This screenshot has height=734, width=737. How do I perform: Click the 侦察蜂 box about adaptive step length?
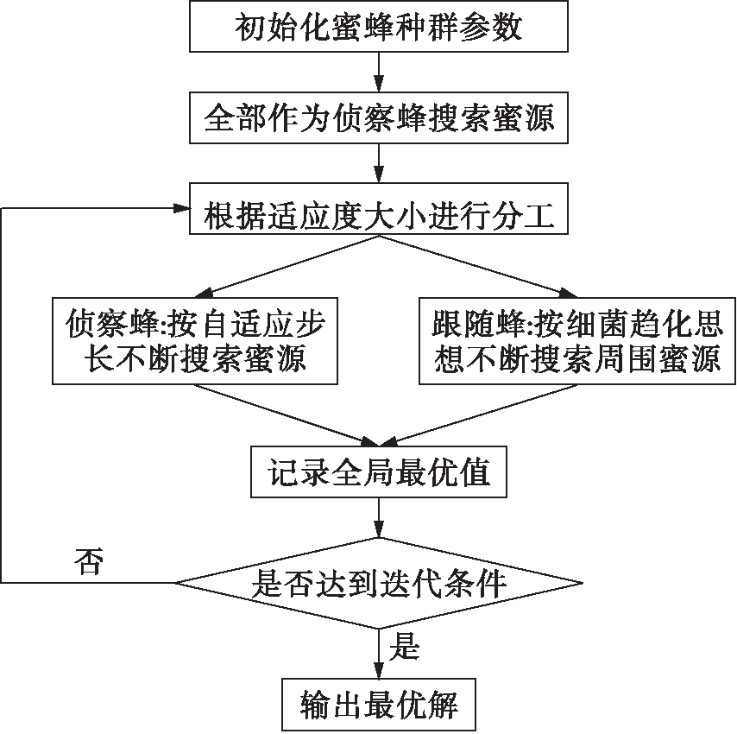tap(193, 340)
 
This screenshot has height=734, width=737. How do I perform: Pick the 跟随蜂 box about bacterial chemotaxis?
tap(576, 340)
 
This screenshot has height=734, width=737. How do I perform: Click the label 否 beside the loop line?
tap(85, 563)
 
